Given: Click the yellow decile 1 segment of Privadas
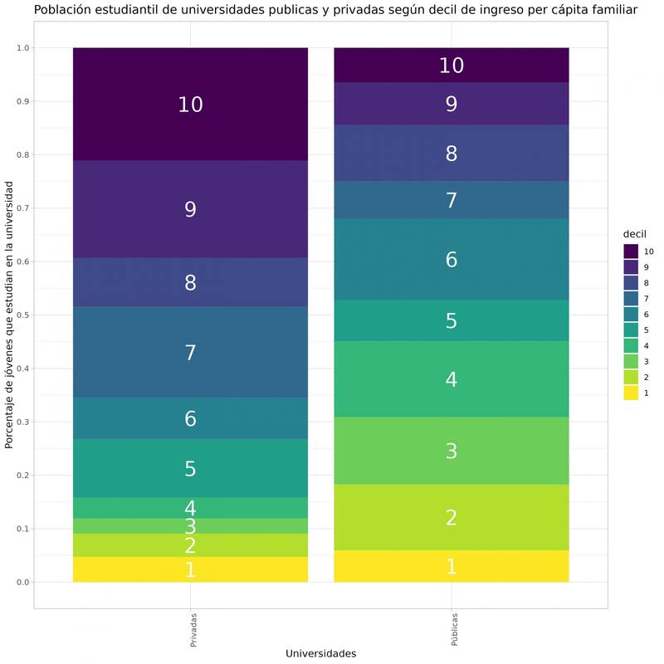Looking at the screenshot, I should click(x=190, y=569).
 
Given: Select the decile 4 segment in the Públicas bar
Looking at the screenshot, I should click(x=451, y=379).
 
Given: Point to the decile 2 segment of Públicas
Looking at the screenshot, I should click(x=451, y=517).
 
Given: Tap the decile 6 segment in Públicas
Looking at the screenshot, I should click(x=451, y=259).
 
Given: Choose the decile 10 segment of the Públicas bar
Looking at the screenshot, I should click(x=451, y=65).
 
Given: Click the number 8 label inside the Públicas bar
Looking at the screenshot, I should click(x=451, y=154).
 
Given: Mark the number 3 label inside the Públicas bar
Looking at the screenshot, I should click(x=451, y=451).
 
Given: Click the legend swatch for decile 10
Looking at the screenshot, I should click(x=631, y=251).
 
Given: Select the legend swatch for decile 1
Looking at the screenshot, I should click(x=631, y=393).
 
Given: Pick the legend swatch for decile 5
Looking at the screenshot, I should click(x=631, y=330).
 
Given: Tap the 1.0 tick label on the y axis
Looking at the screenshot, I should click(x=22, y=48).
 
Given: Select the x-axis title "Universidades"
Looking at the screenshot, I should click(x=320, y=653).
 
